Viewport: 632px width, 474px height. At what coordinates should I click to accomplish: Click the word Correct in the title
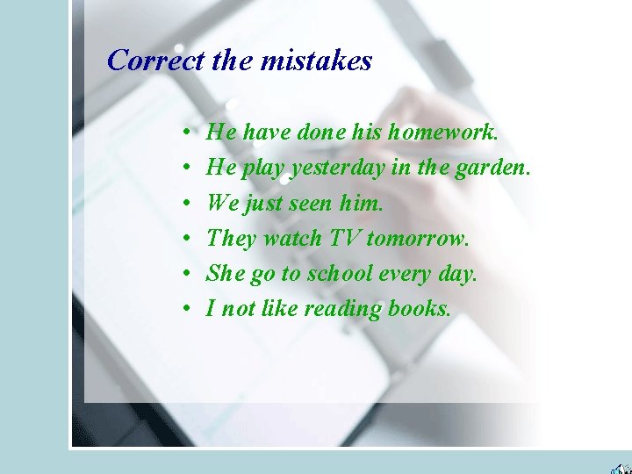coord(155,61)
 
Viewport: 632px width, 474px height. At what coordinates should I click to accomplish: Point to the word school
coord(339,274)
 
